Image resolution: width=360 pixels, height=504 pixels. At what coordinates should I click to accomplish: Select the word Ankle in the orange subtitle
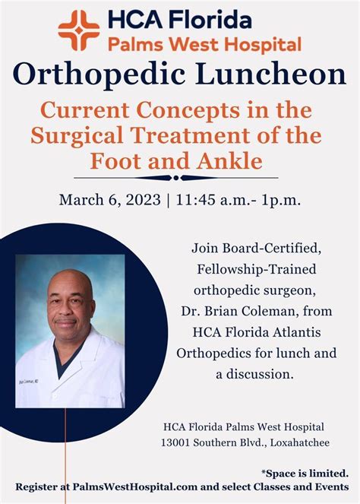pos(245,161)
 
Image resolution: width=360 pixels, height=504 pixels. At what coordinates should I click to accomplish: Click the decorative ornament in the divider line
pos(179,178)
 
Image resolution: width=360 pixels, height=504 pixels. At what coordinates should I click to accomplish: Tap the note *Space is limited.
pos(305,472)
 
